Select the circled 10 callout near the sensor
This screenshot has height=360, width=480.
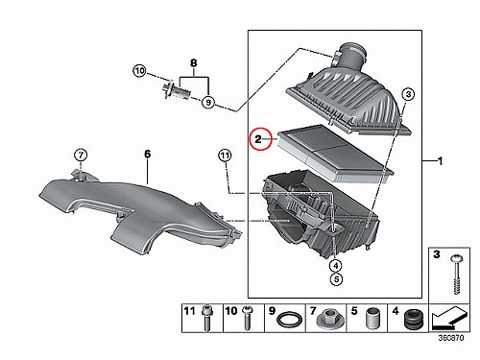coord(139,71)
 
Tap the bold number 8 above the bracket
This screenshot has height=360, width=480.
coord(193,63)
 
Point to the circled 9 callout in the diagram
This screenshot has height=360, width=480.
coord(208,102)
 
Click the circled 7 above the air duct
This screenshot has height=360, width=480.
coord(81,156)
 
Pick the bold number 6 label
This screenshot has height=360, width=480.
coord(147,154)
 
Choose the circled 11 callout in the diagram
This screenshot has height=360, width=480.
coord(225,156)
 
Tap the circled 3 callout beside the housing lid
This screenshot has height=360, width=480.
coord(408,94)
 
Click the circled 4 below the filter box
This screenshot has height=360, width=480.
coord(336,265)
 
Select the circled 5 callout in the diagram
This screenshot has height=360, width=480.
coord(336,279)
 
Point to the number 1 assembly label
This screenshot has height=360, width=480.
coord(441,161)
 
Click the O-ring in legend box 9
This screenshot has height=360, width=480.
coord(289,320)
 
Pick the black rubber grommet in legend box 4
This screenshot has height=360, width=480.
coord(414,319)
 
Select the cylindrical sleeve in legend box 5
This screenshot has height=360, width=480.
coord(372,318)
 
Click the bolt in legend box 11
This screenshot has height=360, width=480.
coord(206,318)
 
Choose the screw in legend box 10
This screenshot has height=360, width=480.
coord(247,318)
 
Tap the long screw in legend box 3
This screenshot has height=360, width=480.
coord(455,275)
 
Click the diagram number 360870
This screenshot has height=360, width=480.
coord(451,338)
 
